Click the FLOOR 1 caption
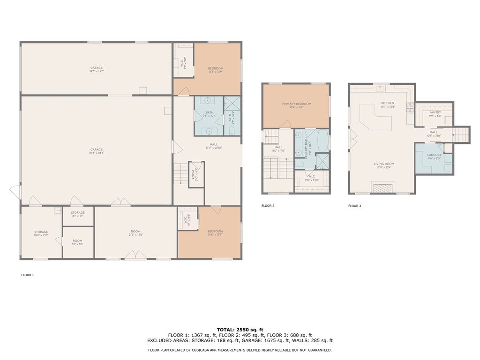pyautogui.click(x=27, y=275)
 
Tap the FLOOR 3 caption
pyautogui.click(x=354, y=206)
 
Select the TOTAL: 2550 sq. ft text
pyautogui.click(x=240, y=329)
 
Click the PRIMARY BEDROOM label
pyautogui.click(x=296, y=104)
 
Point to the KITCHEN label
pyautogui.click(x=387, y=103)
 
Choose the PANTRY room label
pyautogui.click(x=435, y=112)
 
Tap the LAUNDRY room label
pyautogui.click(x=434, y=155)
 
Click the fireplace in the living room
pyautogui.click(x=383, y=188)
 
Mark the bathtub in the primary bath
pyautogui.click(x=322, y=141)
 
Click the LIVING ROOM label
pyautogui.click(x=383, y=164)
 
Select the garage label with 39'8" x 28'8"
pyautogui.click(x=97, y=150)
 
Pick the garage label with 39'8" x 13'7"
pyautogui.click(x=97, y=68)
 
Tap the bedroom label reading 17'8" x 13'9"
pyautogui.click(x=216, y=69)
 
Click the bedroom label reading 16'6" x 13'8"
pyautogui.click(x=215, y=232)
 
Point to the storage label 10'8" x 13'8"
pyautogui.click(x=41, y=232)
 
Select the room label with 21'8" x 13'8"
pyautogui.click(x=135, y=232)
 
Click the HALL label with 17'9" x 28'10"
pyautogui.click(x=213, y=145)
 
